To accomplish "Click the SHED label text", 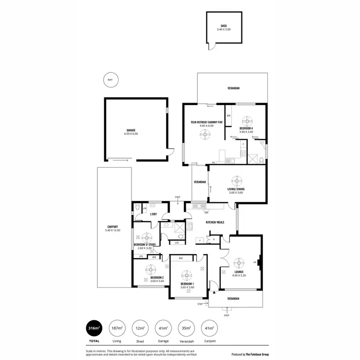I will pos(224,26).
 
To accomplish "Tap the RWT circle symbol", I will pos(110,80).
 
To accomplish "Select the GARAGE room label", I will pos(131,130).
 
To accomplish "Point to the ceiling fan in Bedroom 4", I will pos(248,120).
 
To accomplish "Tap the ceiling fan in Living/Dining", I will pos(237,180).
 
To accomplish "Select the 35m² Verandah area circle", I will pos(187,328).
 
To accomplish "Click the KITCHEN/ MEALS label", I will pos(215,223).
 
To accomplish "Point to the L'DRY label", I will pos(154,214).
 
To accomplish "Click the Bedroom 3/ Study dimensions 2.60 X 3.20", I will pos(144,248).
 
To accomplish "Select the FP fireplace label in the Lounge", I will pos(254,262).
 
